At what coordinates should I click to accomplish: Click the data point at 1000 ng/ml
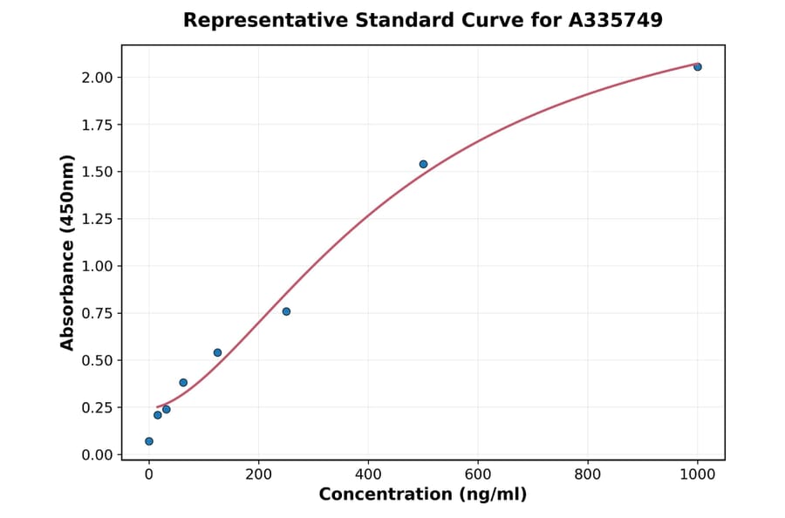coord(697,67)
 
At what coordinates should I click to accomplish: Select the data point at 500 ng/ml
coord(423,164)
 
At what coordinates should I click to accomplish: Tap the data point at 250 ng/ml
coord(286,311)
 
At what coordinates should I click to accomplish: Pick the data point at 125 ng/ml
coord(217,352)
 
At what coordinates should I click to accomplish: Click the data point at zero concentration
coord(149,441)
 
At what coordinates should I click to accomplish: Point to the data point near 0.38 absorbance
coord(183,383)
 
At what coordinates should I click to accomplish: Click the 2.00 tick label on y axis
coord(97,78)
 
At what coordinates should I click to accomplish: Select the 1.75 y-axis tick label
coord(97,125)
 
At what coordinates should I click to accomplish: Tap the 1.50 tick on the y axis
coord(97,172)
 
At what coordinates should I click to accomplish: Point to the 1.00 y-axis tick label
coord(97,266)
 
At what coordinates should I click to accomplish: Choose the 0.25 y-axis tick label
coord(97,407)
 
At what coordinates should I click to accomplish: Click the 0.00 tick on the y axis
coord(97,454)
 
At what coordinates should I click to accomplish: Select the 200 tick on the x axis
coord(258,474)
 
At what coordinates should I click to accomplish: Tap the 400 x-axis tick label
coord(368,474)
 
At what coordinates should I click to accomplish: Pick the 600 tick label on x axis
coord(478,474)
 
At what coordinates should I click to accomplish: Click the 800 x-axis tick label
coord(588,474)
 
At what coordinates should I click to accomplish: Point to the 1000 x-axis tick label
coord(697,474)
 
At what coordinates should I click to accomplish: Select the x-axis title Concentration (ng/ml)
coord(423,495)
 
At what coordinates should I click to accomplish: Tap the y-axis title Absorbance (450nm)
coord(68,252)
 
